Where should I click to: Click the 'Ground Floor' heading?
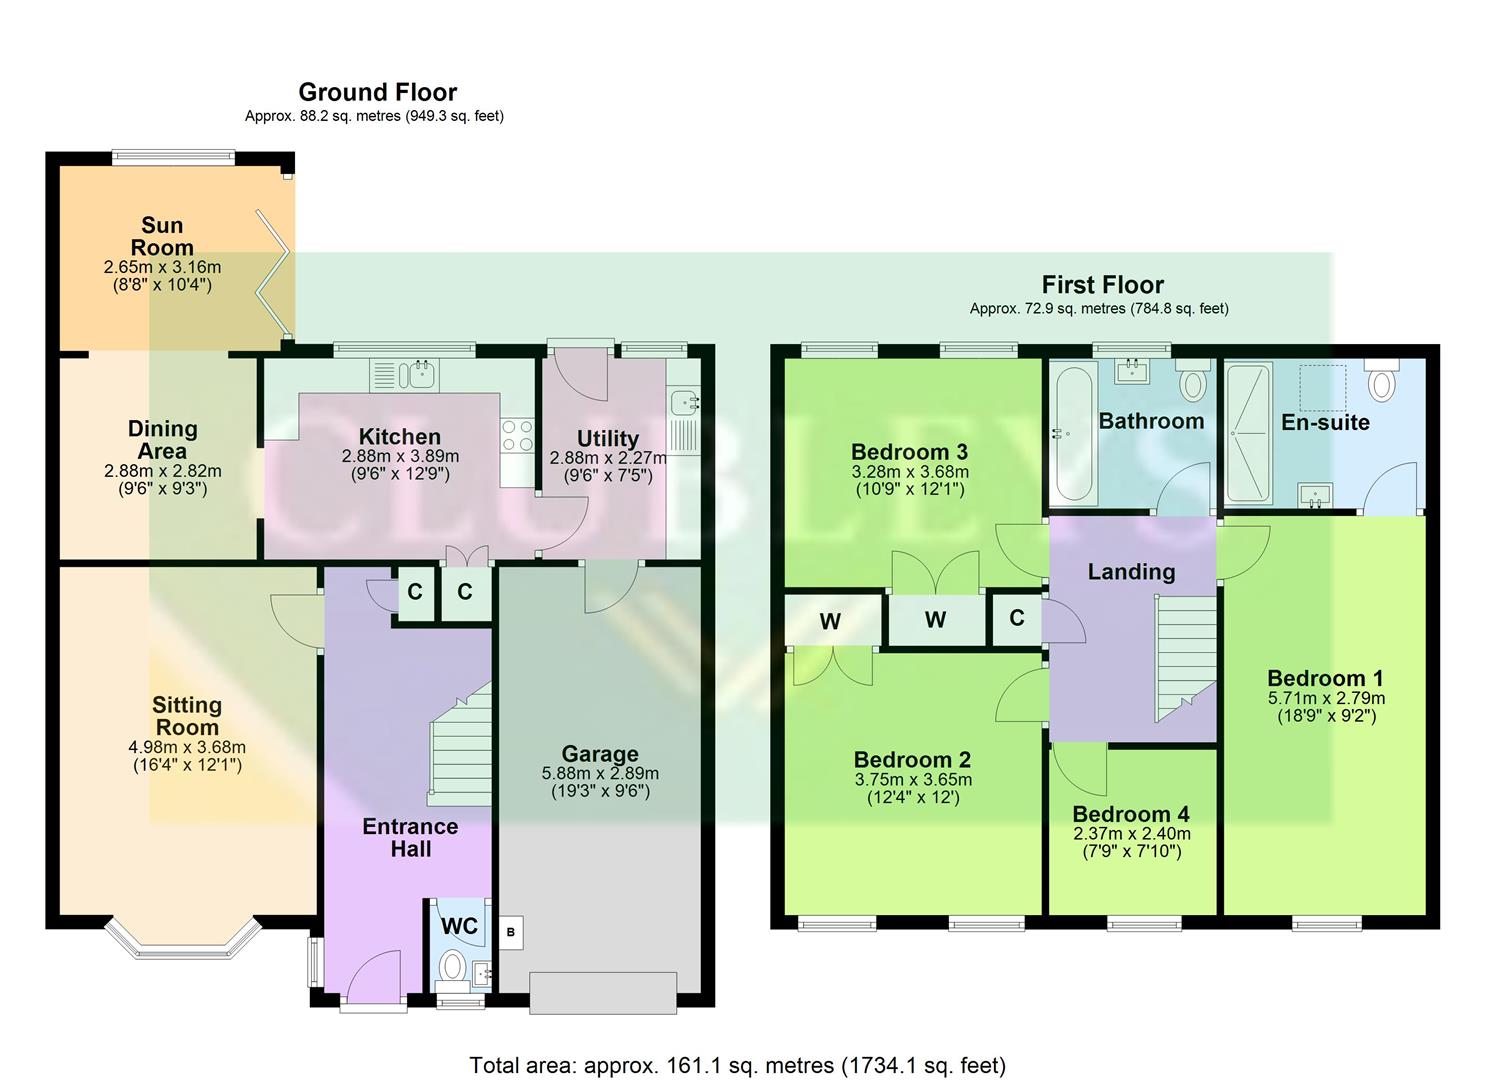(x=377, y=92)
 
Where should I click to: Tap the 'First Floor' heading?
(x=1102, y=285)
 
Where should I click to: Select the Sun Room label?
(x=162, y=236)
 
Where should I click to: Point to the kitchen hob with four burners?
(x=517, y=436)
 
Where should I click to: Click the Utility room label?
(x=607, y=439)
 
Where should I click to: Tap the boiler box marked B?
(x=510, y=933)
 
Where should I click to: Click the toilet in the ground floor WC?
(x=452, y=966)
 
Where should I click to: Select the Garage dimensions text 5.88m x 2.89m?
(x=600, y=773)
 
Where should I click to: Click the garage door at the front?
(x=602, y=992)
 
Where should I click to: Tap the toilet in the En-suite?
(x=1381, y=383)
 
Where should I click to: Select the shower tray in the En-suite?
(x=1247, y=432)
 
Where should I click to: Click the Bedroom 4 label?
(x=1131, y=814)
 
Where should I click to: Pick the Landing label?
(x=1131, y=572)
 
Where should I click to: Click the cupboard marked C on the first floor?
(x=1016, y=618)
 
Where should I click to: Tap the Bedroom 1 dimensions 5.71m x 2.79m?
(x=1326, y=698)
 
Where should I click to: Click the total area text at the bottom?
(x=737, y=1065)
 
